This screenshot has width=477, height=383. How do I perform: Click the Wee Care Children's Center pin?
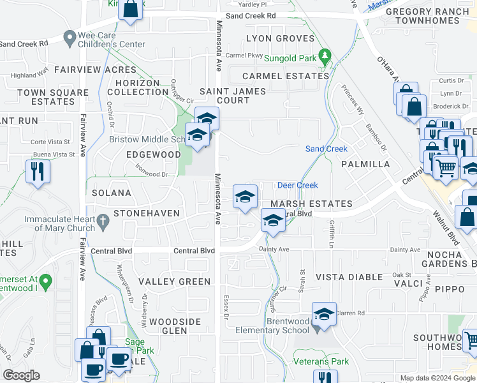coord(70,39)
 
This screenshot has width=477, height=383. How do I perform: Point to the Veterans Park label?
coord(321,361)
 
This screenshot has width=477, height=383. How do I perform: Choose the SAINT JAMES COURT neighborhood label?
coord(233,96)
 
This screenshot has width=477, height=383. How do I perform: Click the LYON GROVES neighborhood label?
coord(281,38)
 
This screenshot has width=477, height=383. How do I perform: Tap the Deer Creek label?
coord(297,185)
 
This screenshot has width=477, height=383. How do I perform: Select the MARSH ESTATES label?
coord(311,204)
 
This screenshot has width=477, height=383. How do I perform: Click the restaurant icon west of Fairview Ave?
coord(38,171)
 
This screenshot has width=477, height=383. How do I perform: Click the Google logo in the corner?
coord(21,375)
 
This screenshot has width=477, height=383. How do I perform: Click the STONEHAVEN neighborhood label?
coord(147,213)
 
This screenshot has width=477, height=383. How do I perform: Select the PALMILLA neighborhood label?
coord(365,164)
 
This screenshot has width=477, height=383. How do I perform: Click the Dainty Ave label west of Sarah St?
coord(274,249)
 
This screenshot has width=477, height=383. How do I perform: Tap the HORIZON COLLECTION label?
coord(138,87)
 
